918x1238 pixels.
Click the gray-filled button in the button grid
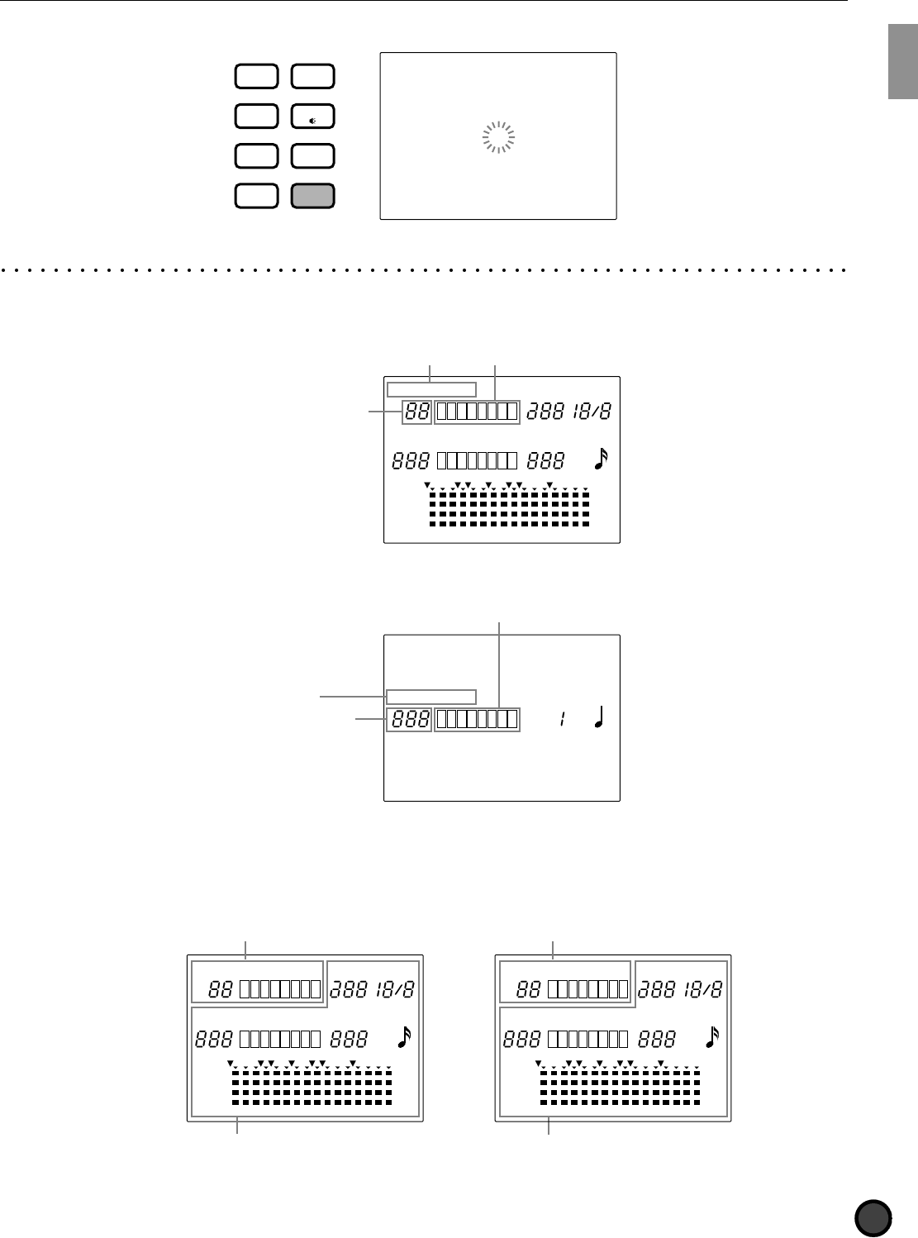[313, 195]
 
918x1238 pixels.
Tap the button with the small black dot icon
[313, 117]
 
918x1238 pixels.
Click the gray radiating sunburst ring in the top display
[498, 137]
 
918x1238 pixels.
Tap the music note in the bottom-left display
[404, 1037]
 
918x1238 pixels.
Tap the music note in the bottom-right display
[712, 1037]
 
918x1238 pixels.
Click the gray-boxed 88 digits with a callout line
[416, 412]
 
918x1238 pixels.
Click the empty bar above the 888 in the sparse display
[431, 696]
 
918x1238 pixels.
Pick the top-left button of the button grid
[256, 77]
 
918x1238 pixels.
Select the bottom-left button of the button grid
[256, 195]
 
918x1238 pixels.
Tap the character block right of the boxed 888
[477, 720]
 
